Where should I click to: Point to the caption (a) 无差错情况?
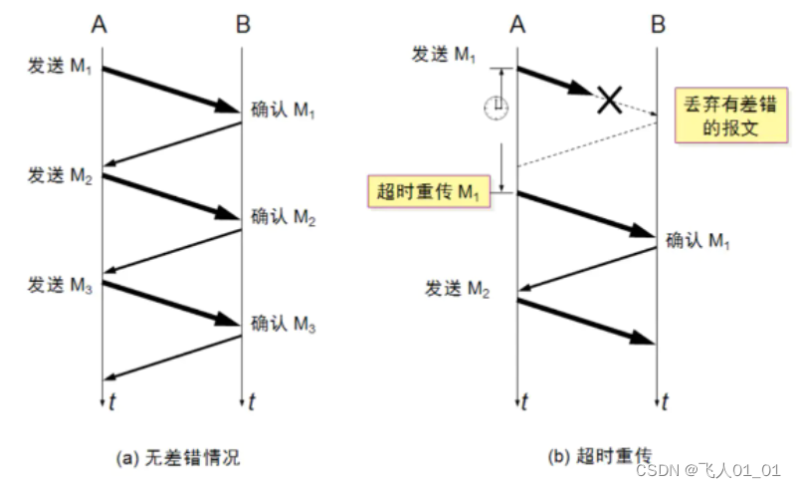178,458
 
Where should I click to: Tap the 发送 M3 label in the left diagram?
61,288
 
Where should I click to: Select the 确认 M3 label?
284,324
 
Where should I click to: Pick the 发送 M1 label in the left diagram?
61,68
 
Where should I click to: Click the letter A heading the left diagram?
100,22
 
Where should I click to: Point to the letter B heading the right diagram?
657,22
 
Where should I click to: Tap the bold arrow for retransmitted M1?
586,213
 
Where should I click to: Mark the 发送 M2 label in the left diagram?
61,177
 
